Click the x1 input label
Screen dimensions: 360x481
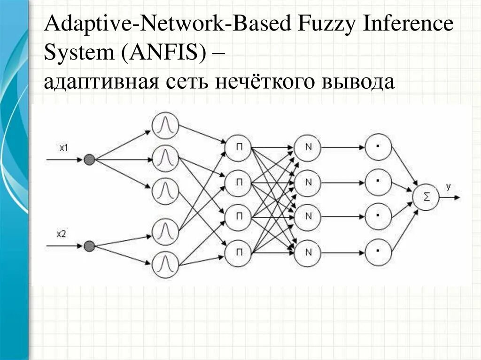coord(64,148)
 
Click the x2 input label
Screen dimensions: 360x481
coord(62,234)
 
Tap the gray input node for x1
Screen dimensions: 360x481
coord(89,160)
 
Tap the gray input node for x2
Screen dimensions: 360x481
coord(89,245)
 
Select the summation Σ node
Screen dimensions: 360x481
coord(426,197)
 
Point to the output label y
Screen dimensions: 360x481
coord(448,187)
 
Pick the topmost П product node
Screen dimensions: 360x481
coord(239,147)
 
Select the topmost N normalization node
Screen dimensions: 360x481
coord(308,147)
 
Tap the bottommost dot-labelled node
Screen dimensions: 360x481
coord(378,252)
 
